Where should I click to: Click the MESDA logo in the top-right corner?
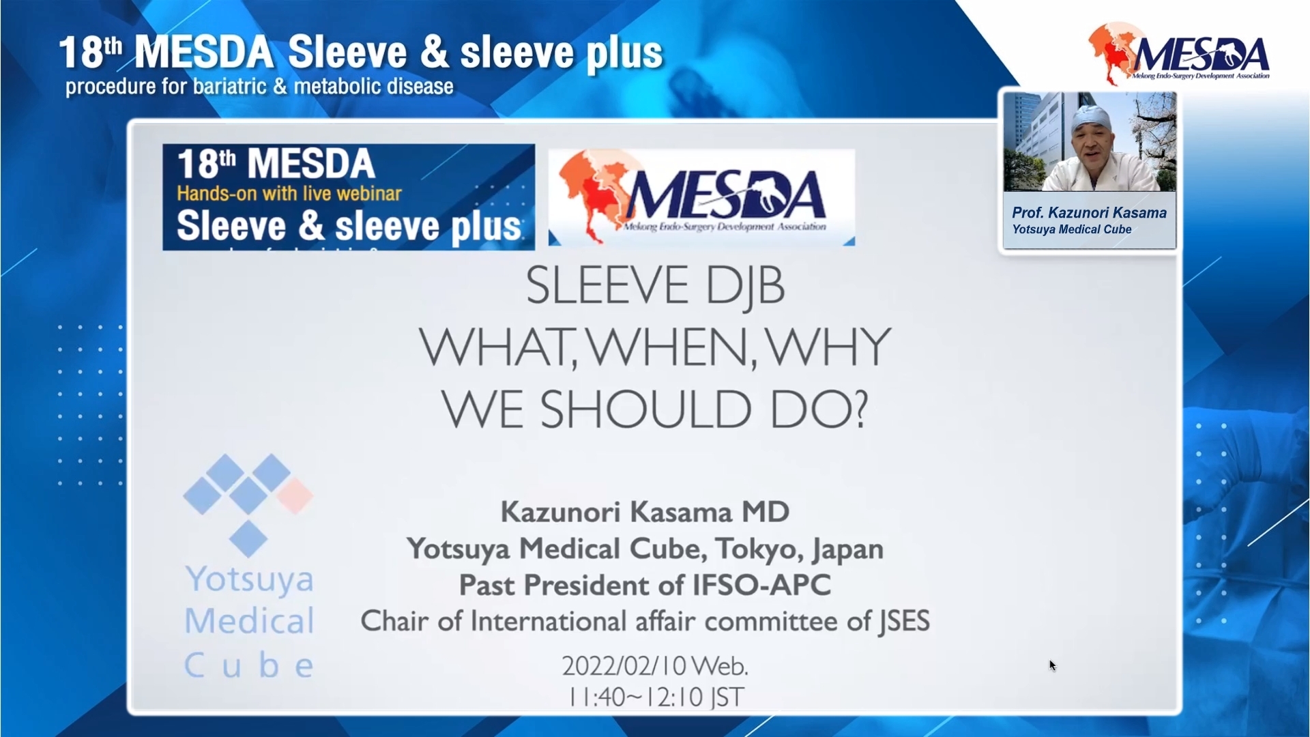1178,53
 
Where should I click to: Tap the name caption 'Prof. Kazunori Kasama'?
1089,213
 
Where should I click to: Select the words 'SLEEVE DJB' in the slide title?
655,286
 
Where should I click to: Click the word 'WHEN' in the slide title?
671,348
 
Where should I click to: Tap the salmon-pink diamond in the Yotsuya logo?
295,495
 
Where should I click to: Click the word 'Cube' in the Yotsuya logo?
249,665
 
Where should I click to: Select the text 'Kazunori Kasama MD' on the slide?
645,512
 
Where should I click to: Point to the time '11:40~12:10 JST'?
656,697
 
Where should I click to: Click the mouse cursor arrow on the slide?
1053,665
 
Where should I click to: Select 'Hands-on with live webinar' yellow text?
289,194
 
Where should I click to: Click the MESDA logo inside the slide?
701,197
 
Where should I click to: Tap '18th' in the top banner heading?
90,53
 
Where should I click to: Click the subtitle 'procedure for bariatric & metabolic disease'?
259,87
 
